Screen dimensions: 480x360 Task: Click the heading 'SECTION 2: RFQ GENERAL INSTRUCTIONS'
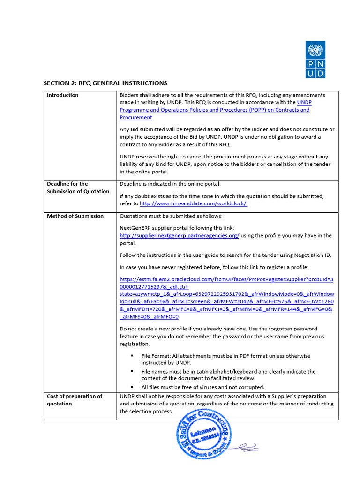105,83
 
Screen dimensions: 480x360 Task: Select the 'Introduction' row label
63,95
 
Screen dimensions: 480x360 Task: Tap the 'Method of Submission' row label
75,216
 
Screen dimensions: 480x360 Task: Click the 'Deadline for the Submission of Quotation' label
78,187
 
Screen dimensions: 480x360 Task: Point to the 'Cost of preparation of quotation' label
75,400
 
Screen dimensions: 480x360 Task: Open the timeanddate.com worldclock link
194,203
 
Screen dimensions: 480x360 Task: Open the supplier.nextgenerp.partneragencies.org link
180,235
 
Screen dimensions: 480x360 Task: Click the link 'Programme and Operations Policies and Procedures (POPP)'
214,110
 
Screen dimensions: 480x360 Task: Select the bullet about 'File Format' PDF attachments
225,360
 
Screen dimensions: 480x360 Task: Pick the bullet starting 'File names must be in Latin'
228,375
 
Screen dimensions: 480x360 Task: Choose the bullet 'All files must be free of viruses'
203,387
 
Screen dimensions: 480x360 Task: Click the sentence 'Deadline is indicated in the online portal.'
170,184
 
